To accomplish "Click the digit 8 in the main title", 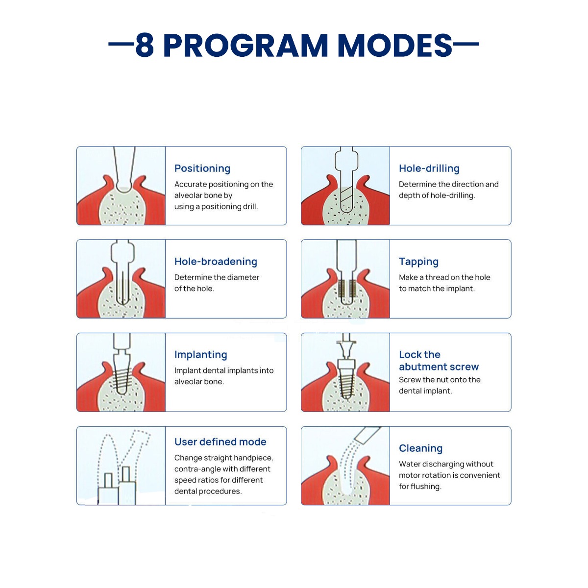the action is (145, 45).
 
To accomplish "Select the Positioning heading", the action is (202, 169).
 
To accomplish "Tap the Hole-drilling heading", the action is (429, 169).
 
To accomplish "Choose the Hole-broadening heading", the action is (216, 262).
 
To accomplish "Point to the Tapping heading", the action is (418, 262).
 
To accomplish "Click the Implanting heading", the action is (201, 355).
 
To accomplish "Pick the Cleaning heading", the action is (420, 448).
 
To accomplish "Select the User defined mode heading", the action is (220, 441).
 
